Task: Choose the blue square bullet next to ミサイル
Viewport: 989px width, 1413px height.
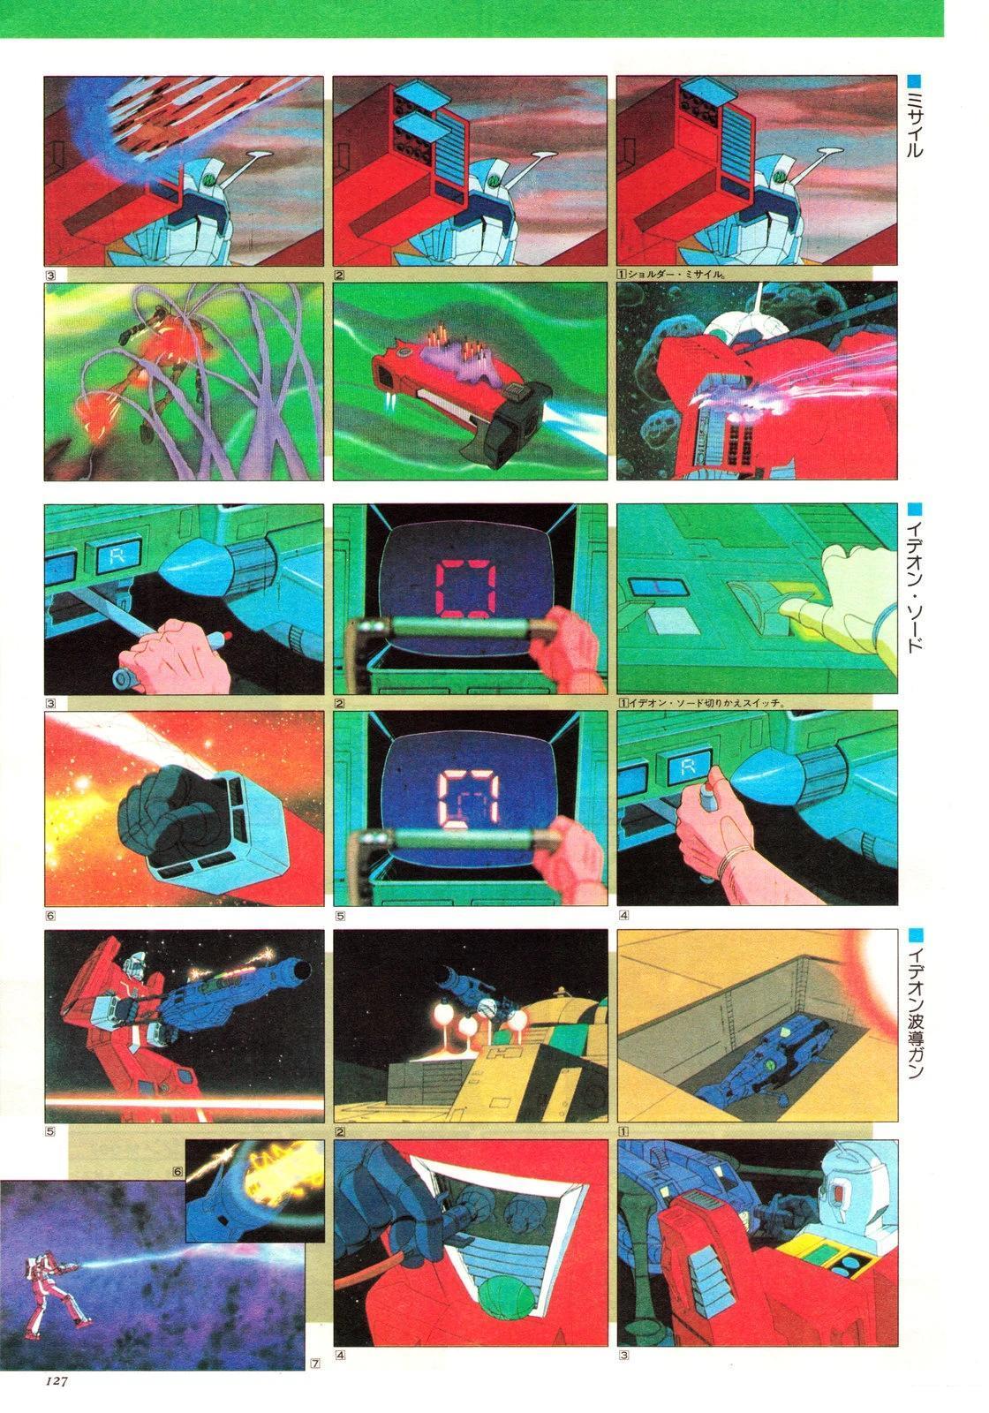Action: (x=915, y=81)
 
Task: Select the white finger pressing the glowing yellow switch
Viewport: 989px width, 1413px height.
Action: (x=804, y=607)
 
